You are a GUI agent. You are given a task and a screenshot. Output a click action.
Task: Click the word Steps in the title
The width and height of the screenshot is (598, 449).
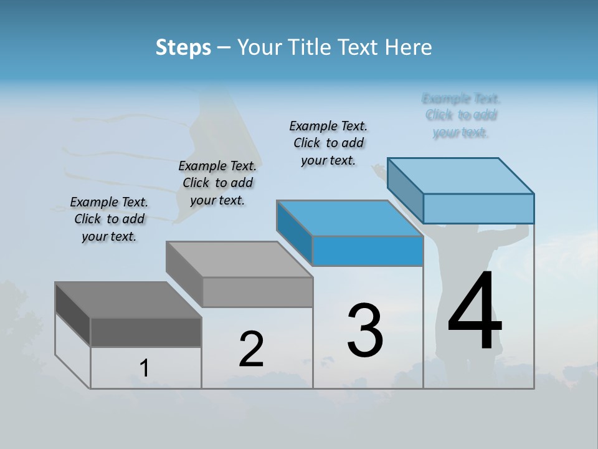183,47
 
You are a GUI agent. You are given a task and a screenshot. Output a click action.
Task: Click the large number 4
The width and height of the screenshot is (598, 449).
475,312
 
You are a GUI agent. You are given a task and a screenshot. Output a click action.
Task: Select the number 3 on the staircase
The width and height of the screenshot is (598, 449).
364,331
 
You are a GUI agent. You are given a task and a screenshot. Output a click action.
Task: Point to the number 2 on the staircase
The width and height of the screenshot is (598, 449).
251,349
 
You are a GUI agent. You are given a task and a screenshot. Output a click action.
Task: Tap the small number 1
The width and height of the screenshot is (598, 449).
145,369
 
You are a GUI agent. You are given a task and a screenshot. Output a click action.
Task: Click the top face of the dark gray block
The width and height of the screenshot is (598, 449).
128,300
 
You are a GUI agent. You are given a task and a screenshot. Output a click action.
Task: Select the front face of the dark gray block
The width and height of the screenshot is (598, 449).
146,332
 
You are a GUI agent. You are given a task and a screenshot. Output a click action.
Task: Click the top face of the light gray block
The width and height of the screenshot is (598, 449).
239,259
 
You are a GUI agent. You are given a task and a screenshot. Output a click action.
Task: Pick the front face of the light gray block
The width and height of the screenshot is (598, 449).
257,292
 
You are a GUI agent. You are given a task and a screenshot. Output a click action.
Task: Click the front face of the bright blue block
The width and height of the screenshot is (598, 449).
368,251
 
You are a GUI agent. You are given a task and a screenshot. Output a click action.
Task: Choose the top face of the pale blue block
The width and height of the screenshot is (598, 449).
461,176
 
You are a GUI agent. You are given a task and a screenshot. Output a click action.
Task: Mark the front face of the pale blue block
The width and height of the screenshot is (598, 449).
478,208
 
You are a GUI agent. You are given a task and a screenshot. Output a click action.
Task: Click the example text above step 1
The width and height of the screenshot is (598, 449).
109,219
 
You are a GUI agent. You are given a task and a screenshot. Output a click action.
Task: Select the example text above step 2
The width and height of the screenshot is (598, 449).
217,183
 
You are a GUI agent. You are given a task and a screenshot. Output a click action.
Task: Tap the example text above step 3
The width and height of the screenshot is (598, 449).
328,143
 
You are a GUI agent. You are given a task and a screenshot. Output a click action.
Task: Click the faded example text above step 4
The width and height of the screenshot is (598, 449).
461,115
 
